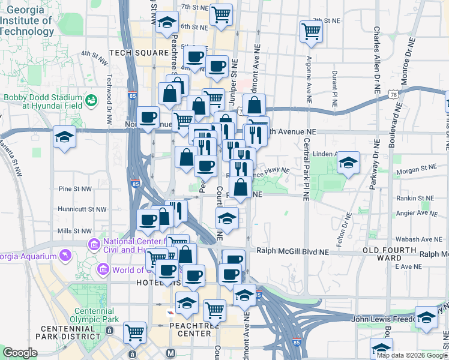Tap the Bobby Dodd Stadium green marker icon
coord(91,100)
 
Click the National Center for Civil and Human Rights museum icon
coord(94,244)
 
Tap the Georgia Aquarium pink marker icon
coord(65,255)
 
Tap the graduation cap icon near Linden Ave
coord(348,163)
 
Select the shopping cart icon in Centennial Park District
coord(135,331)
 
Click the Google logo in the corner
coord(19,353)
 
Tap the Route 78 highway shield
coord(394,94)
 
